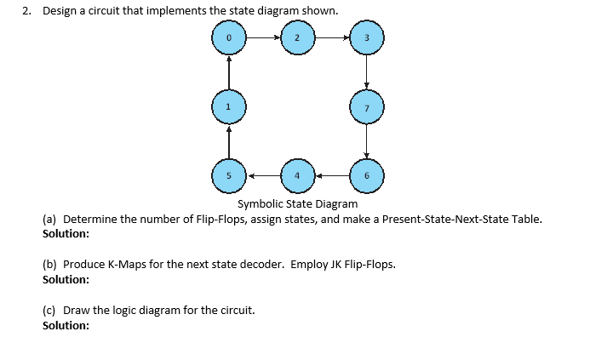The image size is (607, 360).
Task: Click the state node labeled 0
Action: [228, 38]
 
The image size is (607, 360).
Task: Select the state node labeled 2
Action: [297, 38]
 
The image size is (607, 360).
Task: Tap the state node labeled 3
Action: [366, 38]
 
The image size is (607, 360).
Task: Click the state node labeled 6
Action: [366, 176]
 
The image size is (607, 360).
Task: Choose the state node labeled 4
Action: [297, 176]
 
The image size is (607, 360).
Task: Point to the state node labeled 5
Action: [228, 176]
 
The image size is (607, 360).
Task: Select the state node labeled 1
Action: [228, 107]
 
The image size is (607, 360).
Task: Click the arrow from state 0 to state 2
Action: [262, 38]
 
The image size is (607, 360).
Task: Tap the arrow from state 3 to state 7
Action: [366, 72]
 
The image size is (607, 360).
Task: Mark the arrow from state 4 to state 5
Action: [262, 176]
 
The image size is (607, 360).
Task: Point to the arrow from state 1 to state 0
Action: [228, 72]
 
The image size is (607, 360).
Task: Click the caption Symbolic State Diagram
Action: [297, 203]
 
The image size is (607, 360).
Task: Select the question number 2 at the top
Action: [26, 11]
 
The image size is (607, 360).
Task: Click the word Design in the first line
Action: [60, 11]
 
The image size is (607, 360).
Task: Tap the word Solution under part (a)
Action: [66, 233]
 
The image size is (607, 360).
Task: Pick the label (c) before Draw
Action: [49, 310]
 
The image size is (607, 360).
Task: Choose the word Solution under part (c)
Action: [66, 325]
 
